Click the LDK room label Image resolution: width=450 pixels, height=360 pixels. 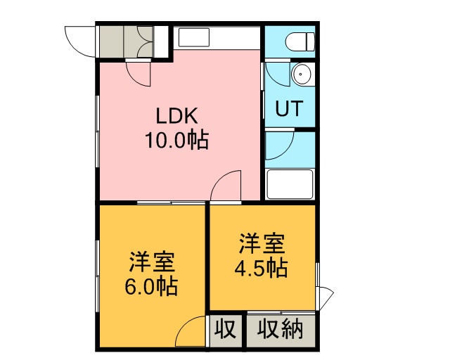pyautogui.click(x=176, y=115)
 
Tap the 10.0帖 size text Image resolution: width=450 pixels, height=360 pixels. pyautogui.click(x=176, y=140)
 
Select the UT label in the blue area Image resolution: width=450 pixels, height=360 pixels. pyautogui.click(x=289, y=108)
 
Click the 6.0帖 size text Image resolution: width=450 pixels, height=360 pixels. pyautogui.click(x=151, y=286)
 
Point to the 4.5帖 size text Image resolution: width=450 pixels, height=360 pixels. pyautogui.click(x=261, y=268)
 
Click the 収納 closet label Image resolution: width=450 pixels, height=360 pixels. pyautogui.click(x=280, y=330)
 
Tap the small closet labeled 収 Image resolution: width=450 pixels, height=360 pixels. pyautogui.click(x=225, y=330)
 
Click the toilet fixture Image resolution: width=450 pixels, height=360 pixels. pyautogui.click(x=300, y=41)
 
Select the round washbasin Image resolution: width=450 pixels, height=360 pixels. pyautogui.click(x=301, y=74)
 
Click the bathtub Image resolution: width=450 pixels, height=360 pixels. pyautogui.click(x=289, y=184)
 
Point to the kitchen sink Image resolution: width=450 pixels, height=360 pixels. pyautogui.click(x=194, y=37)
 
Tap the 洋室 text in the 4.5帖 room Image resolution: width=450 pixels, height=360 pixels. pyautogui.click(x=262, y=244)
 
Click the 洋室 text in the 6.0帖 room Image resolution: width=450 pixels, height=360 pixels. pyautogui.click(x=152, y=262)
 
